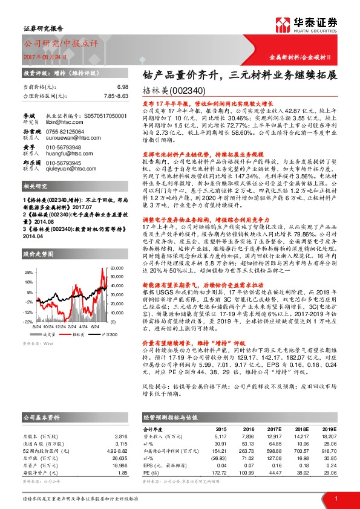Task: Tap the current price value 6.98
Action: click(123, 87)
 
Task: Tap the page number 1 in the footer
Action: click(335, 498)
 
